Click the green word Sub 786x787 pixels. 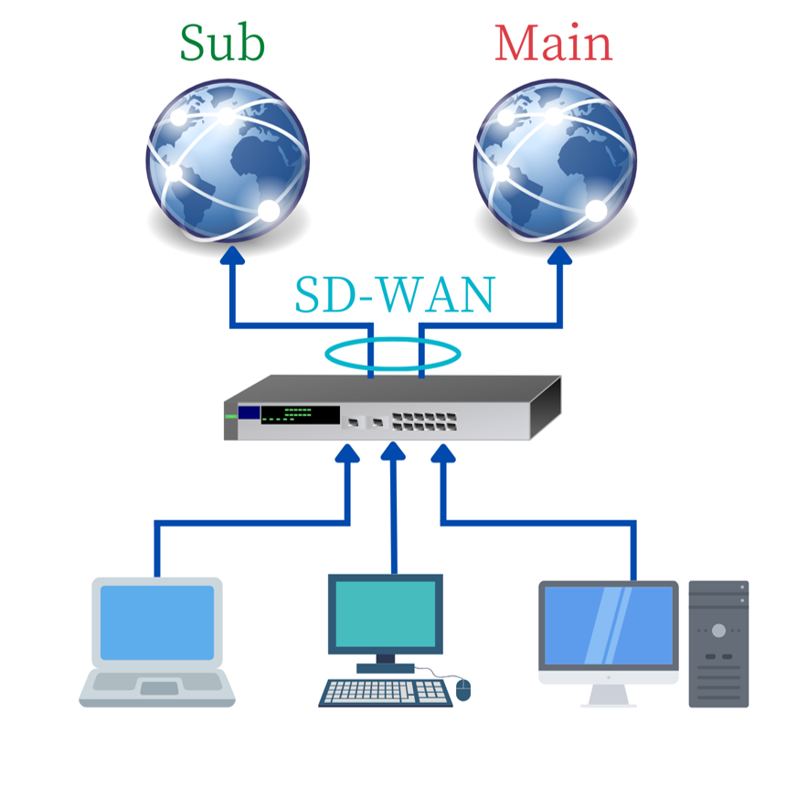[x=222, y=43]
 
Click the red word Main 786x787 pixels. [x=553, y=44]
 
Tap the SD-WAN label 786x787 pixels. [x=394, y=294]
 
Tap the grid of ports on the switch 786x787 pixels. [x=424, y=421]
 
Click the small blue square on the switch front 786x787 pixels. [x=249, y=412]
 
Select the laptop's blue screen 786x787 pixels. [x=157, y=622]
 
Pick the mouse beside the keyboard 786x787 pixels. [x=463, y=689]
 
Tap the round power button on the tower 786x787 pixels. [x=719, y=631]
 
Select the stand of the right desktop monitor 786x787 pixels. [x=609, y=695]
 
